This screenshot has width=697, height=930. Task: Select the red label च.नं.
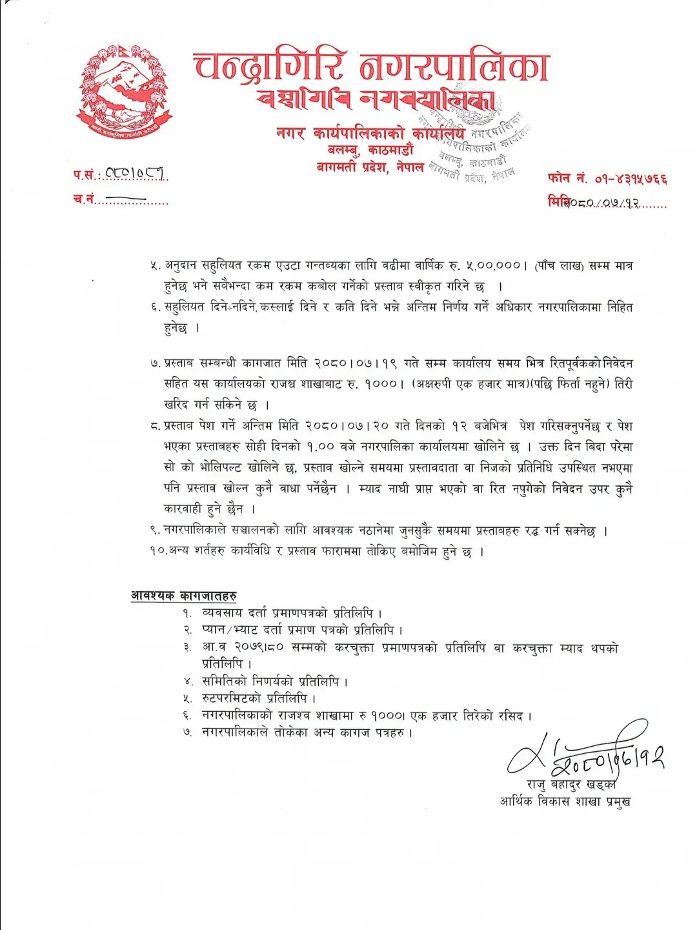(84, 199)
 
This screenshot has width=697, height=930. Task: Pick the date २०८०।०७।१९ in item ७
(361, 364)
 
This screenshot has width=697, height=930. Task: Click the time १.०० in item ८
(320, 447)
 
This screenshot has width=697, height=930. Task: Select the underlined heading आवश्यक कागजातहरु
(183, 595)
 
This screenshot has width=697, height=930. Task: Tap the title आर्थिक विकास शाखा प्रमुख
(565, 802)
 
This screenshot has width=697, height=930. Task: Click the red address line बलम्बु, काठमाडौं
(370, 150)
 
